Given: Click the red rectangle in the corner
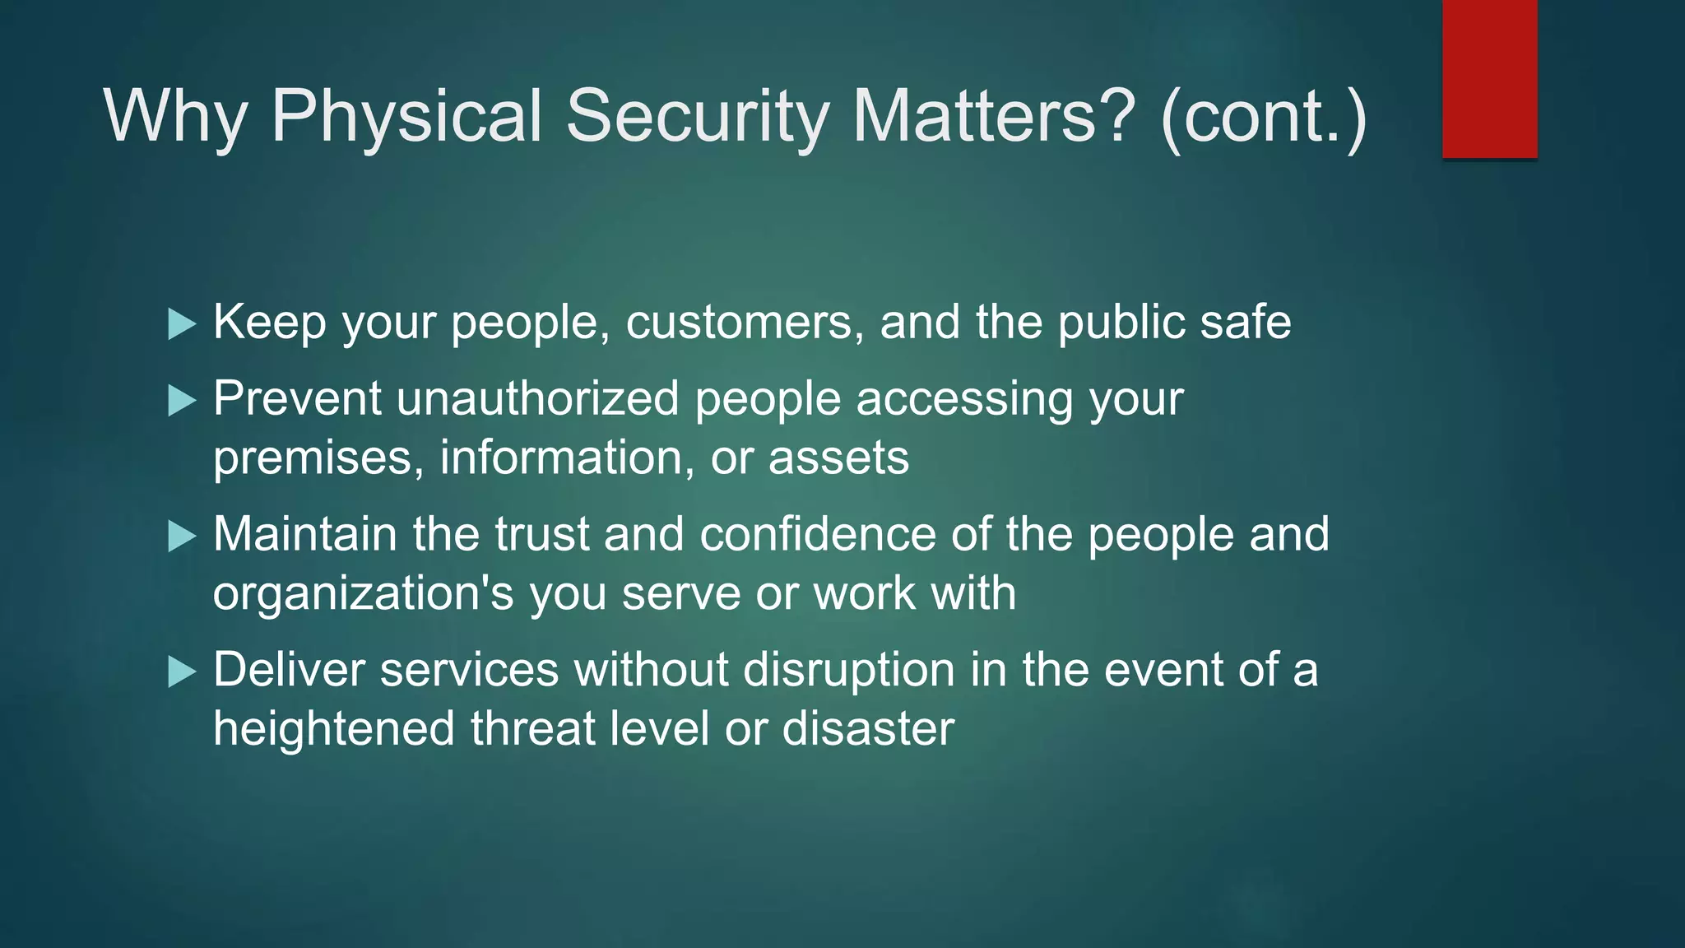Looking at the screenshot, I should (x=1489, y=79).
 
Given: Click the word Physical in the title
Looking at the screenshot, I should (x=406, y=117).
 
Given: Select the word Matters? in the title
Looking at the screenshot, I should (x=993, y=117).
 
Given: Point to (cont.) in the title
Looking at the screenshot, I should (x=1264, y=117).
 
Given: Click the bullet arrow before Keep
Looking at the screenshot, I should (x=181, y=324).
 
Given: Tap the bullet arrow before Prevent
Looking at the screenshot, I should (x=181, y=402).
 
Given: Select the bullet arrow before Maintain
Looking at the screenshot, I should (x=181, y=537).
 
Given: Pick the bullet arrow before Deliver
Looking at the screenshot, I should (x=181, y=672).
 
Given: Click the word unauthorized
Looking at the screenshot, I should (x=537, y=399).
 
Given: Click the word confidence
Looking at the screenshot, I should (x=817, y=535).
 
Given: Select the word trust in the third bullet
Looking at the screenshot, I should (x=541, y=535).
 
